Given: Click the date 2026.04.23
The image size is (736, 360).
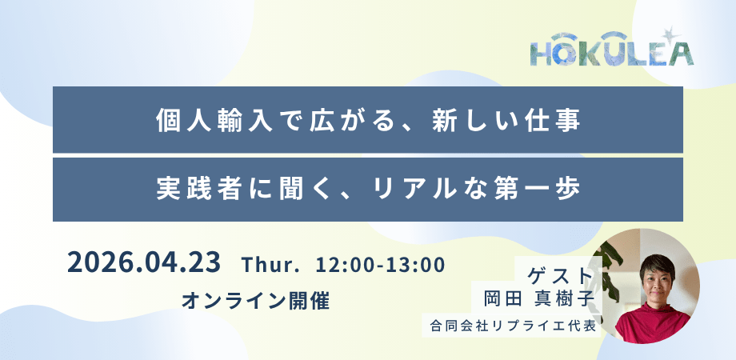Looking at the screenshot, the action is pos(144,263).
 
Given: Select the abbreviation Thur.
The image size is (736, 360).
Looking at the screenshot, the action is pos(270,265).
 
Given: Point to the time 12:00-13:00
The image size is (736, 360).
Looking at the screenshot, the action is pos(380,265).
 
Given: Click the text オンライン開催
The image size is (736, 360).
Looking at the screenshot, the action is pos(256,301).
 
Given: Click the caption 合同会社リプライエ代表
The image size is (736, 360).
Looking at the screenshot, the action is pos(512,325).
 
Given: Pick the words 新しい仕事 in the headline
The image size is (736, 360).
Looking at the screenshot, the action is pos(506,120).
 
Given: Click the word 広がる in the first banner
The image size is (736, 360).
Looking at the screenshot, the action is pos(346,120).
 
